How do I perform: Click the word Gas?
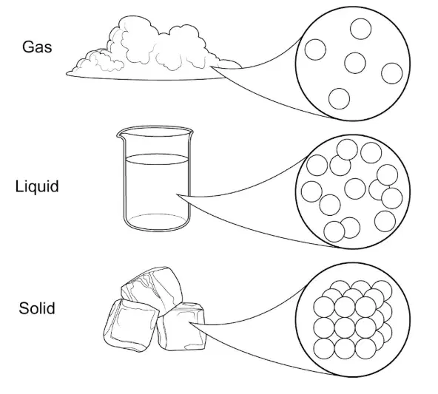click(x=37, y=47)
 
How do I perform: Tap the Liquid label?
click(x=37, y=186)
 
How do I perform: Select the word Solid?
click(x=37, y=308)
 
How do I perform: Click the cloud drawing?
click(x=154, y=50)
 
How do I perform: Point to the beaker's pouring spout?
click(x=120, y=135)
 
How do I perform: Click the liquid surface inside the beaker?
click(x=157, y=159)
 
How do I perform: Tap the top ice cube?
click(x=152, y=291)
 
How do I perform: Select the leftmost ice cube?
click(x=131, y=325)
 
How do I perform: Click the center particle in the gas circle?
click(x=354, y=63)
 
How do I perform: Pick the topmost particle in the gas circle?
click(x=360, y=29)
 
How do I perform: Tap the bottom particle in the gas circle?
click(x=339, y=99)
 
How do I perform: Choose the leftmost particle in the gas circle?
click(x=315, y=50)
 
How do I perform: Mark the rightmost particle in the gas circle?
click(x=392, y=73)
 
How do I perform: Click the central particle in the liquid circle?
click(x=354, y=189)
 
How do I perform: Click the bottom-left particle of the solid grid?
click(x=324, y=349)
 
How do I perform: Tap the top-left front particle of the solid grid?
click(x=324, y=307)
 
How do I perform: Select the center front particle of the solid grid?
click(x=345, y=328)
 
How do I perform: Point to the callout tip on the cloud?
click(x=211, y=67)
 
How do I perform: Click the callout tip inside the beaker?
click(x=177, y=194)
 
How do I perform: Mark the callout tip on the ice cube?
click(x=189, y=322)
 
